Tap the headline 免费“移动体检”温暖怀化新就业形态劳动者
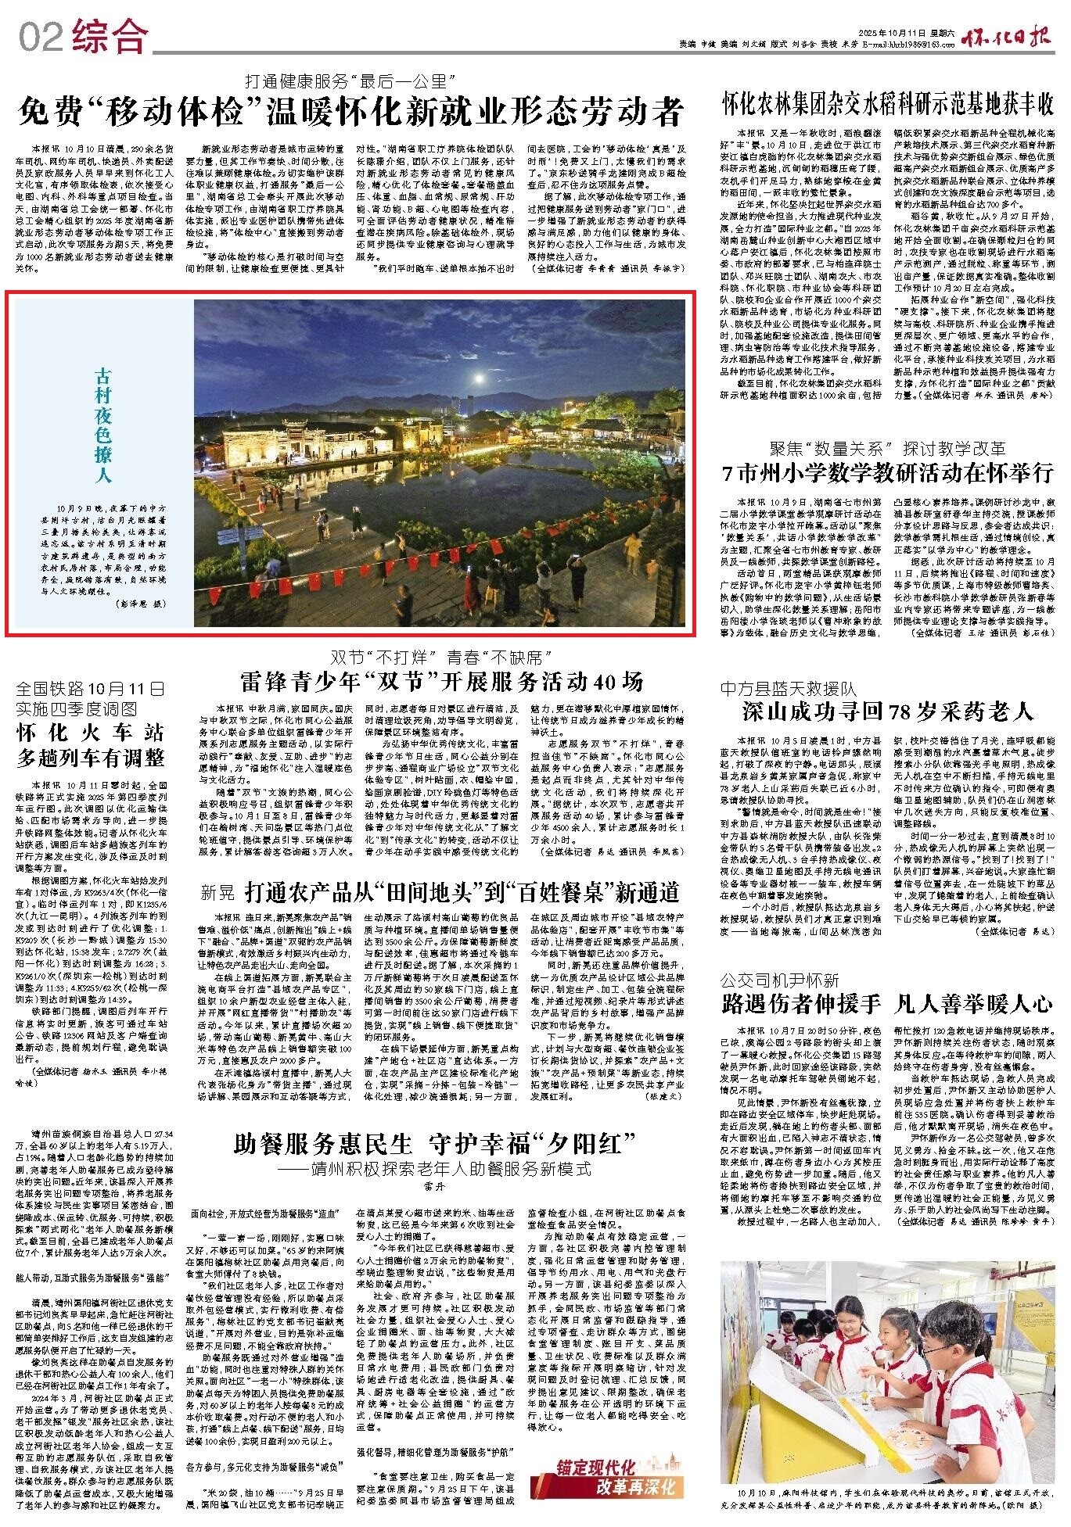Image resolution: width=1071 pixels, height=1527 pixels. pos(351,112)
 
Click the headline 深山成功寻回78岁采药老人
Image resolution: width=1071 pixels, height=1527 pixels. pos(887,711)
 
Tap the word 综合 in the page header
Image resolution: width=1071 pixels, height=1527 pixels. pos(109,35)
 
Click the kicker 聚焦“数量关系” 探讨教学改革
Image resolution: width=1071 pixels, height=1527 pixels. pos(887,449)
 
